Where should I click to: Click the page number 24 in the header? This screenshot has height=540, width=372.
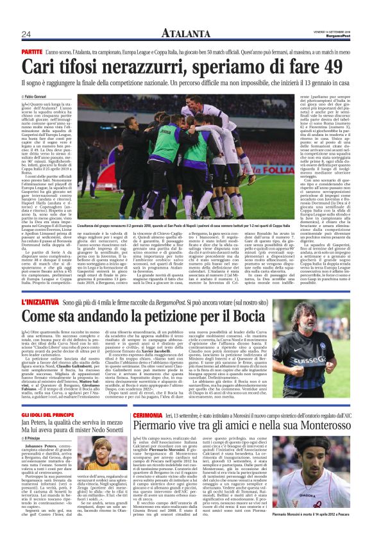[x=27, y=34]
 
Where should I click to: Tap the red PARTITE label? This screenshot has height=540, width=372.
[x=31, y=50]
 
